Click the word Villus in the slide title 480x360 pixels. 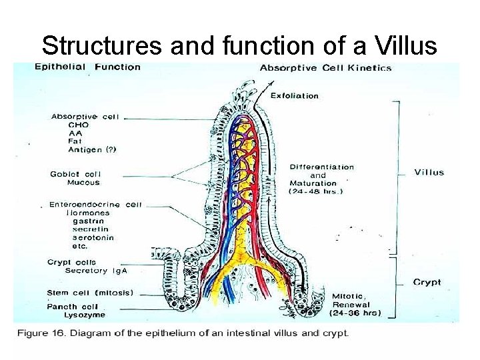(x=404, y=45)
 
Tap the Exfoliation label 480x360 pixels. (x=295, y=95)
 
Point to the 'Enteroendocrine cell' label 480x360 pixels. (x=95, y=205)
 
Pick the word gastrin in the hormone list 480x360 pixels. (x=88, y=221)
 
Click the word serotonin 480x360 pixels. (x=93, y=237)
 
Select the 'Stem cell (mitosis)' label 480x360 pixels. (x=90, y=293)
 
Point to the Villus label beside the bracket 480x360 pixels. (x=429, y=173)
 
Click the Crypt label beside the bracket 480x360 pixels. (x=427, y=282)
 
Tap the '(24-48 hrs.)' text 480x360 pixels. (x=316, y=191)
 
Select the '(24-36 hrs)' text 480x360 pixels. (x=355, y=313)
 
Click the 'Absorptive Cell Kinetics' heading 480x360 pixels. (x=325, y=67)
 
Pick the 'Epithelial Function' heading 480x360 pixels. (x=87, y=67)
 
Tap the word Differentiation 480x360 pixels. (x=322, y=167)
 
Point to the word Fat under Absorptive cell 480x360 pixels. (x=74, y=141)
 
